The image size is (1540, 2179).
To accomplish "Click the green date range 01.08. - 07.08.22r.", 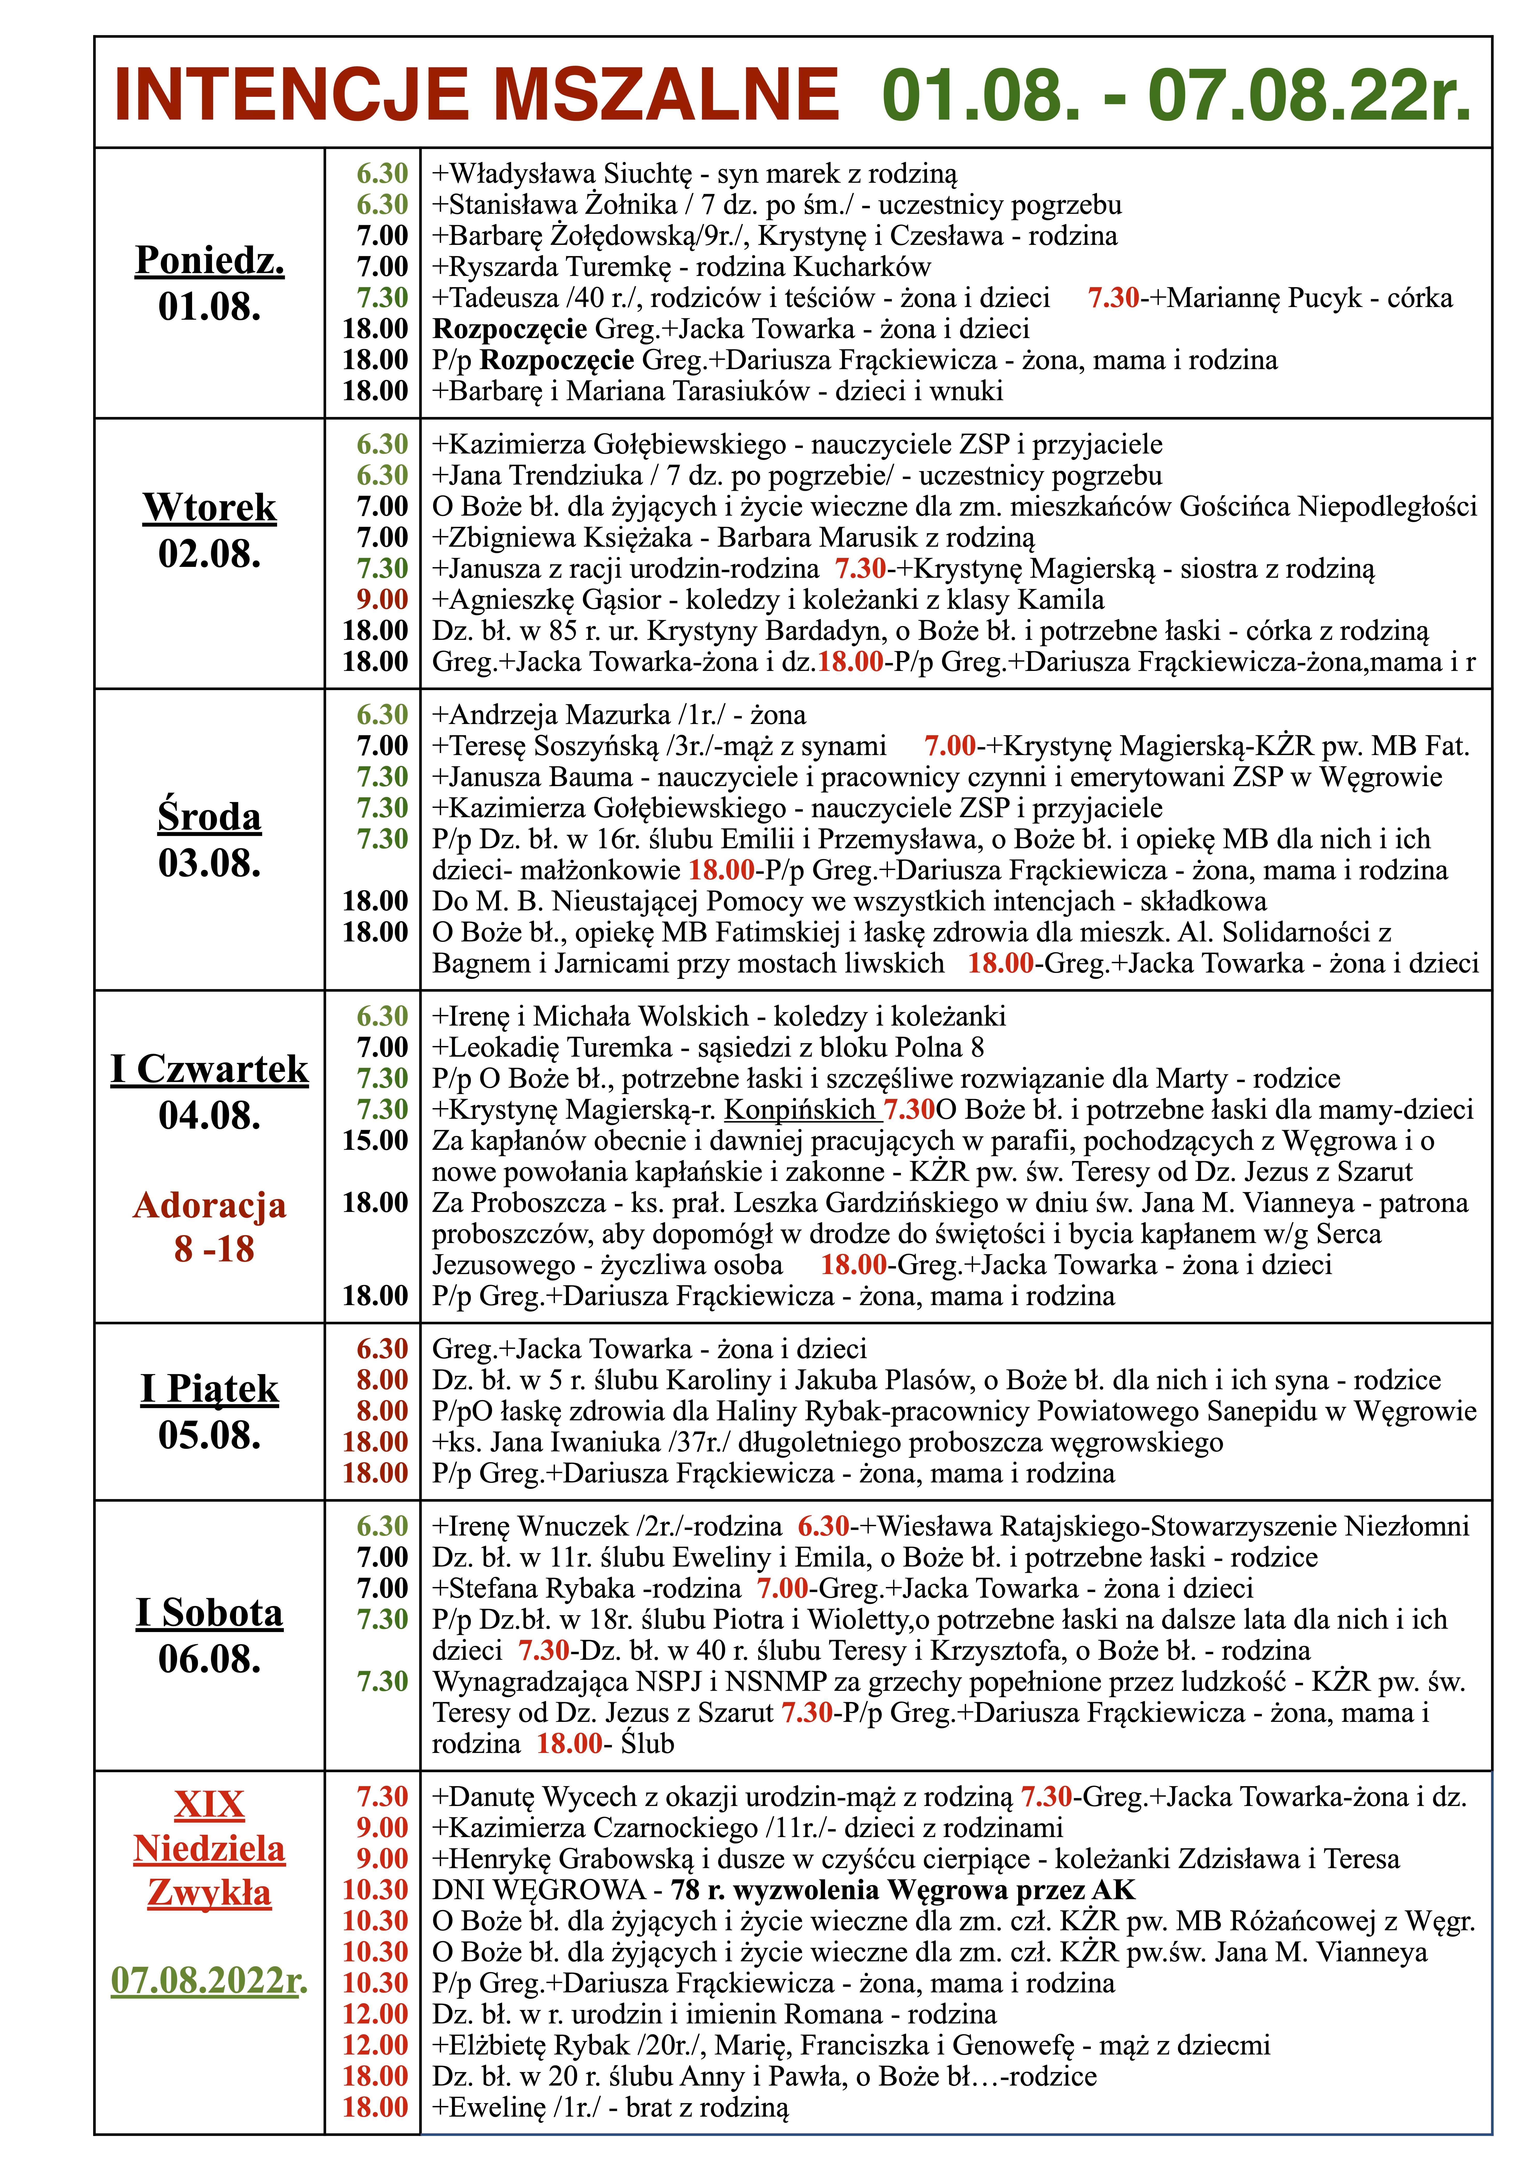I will coord(1176,95).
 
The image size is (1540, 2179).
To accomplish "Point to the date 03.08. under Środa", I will coord(210,863).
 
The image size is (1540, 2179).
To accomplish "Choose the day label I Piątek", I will coord(210,1388).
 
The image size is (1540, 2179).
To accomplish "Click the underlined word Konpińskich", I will coord(800,1109).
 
